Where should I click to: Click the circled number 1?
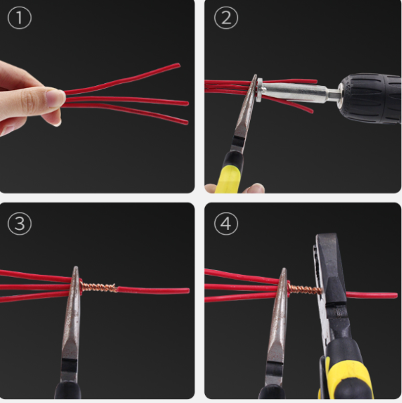click(x=19, y=17)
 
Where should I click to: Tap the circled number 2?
click(x=226, y=17)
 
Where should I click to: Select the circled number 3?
click(x=19, y=223)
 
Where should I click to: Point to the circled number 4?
click(x=226, y=223)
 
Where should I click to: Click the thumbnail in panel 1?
click(x=56, y=98)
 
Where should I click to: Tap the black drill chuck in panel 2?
click(x=370, y=99)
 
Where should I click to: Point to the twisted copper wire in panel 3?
click(x=98, y=286)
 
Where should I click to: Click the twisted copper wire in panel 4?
click(x=305, y=290)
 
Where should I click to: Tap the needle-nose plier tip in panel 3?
click(x=76, y=268)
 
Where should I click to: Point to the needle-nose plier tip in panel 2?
click(x=255, y=76)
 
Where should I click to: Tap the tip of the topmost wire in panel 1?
click(x=178, y=65)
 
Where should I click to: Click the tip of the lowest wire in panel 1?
click(x=186, y=122)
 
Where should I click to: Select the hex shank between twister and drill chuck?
click(x=333, y=91)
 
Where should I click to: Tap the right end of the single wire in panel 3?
click(x=188, y=291)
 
